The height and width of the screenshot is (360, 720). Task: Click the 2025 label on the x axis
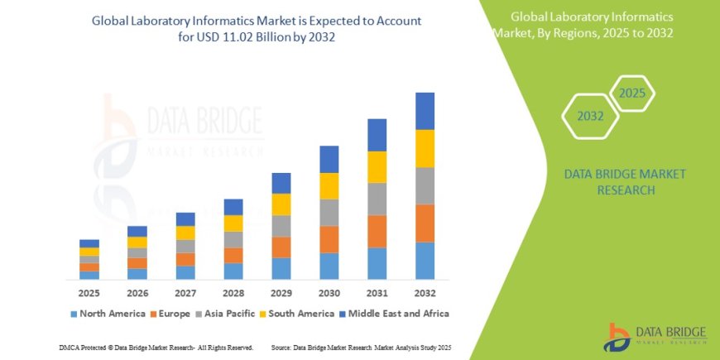[x=89, y=294]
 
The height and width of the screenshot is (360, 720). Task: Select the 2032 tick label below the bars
[x=425, y=294]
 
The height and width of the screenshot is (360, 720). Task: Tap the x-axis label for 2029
[x=281, y=294]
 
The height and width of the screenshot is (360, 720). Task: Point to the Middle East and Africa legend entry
[x=394, y=314]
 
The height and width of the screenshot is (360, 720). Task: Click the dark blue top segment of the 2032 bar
[x=425, y=111]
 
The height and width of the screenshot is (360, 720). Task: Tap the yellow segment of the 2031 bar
[x=377, y=167]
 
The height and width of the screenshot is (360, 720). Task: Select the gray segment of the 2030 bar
[x=329, y=213]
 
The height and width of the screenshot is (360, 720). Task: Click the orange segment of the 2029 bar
[x=281, y=247]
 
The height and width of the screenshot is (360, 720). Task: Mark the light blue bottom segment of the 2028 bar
[x=233, y=271]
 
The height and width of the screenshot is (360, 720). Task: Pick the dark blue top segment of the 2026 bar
[x=137, y=232]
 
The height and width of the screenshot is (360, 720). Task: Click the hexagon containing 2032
[x=590, y=117]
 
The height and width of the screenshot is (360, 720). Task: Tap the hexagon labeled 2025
[x=632, y=94]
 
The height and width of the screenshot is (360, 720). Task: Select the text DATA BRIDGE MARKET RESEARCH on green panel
[x=612, y=182]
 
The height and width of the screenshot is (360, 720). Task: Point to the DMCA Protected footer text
[x=156, y=348]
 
